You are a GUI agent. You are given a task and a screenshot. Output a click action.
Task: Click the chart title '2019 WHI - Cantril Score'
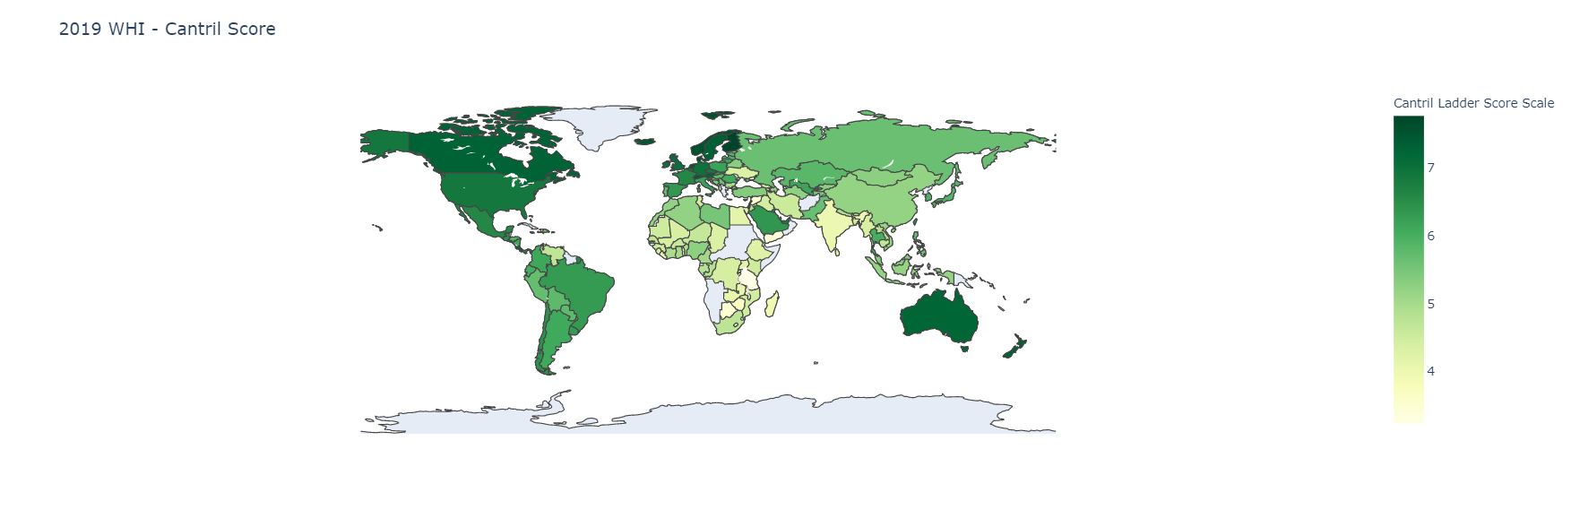[x=167, y=29]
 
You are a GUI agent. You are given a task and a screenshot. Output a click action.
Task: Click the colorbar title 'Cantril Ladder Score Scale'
[x=1473, y=103]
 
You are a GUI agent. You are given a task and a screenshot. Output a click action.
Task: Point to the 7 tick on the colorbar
[x=1431, y=168]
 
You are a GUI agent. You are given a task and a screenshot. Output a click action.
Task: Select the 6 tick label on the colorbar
[x=1431, y=236]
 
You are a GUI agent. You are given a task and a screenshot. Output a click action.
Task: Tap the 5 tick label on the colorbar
[x=1431, y=304]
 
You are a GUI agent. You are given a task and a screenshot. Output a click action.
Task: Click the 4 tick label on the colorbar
[x=1431, y=371]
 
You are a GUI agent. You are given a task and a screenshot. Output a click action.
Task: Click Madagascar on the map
[x=772, y=304]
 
